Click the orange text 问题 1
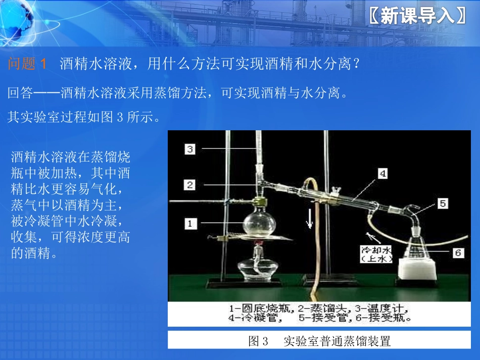click(x=28, y=64)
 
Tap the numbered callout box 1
click(x=190, y=223)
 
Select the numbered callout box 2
click(x=190, y=184)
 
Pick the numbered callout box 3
click(x=190, y=148)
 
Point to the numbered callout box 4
click(x=383, y=173)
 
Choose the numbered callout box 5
click(x=443, y=203)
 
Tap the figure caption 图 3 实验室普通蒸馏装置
click(x=319, y=341)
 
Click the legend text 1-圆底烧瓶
click(x=257, y=308)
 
